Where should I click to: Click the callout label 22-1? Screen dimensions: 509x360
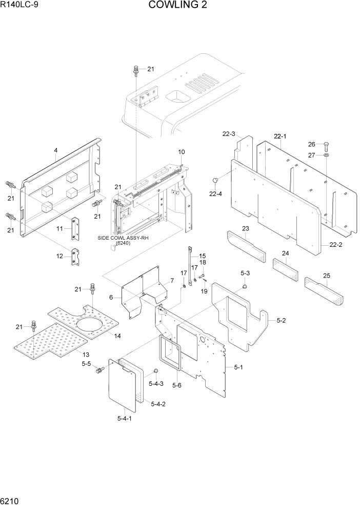(280, 136)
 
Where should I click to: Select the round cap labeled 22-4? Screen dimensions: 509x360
(216, 180)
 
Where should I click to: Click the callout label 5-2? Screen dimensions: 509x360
(282, 321)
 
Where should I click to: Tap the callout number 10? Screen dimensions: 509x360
(182, 152)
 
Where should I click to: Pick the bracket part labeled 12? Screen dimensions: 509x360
(75, 257)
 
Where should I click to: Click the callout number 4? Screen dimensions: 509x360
(56, 150)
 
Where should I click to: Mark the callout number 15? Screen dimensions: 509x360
(202, 256)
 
